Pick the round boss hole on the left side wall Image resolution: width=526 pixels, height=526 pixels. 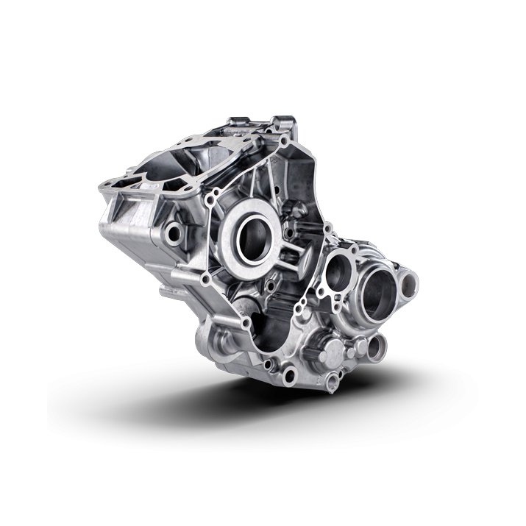[174, 234]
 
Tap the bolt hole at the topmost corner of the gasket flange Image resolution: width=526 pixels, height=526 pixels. [284, 140]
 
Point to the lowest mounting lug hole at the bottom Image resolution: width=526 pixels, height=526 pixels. [333, 380]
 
